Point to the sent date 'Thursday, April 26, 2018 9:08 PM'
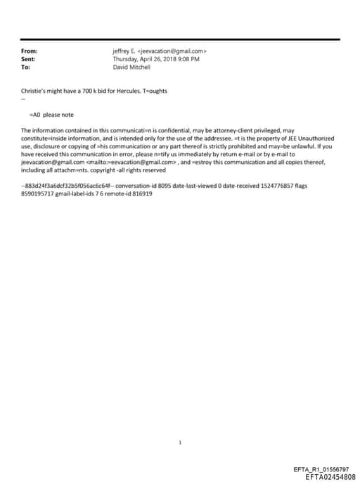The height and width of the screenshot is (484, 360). (x=156, y=59)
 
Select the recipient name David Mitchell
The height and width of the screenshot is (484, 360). (x=131, y=67)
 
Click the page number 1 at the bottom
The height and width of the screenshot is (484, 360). (x=180, y=423)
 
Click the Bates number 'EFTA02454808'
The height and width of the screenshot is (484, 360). (x=326, y=476)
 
